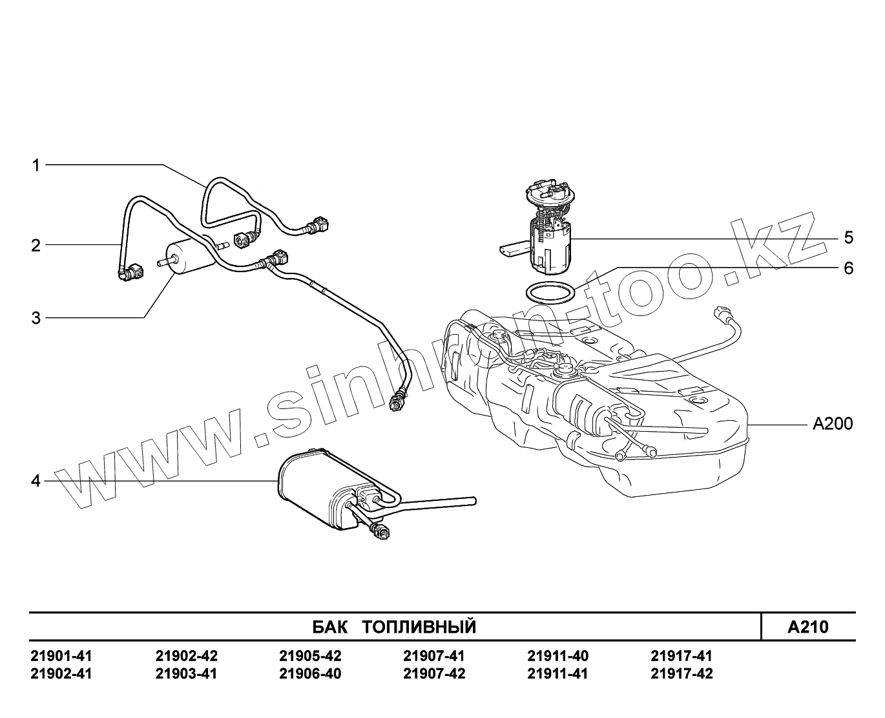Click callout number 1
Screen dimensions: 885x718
click(x=36, y=165)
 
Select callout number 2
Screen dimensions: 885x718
click(x=36, y=245)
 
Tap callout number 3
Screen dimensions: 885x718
click(x=36, y=318)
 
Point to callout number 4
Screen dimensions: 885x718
click(x=36, y=481)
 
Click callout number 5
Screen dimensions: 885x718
click(x=848, y=238)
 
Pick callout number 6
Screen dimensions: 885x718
click(x=848, y=268)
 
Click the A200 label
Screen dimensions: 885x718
click(x=832, y=424)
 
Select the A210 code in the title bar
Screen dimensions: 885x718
click(x=807, y=627)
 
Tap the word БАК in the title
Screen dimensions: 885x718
click(x=329, y=627)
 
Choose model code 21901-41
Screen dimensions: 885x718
click(x=61, y=656)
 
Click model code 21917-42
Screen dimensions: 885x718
click(x=682, y=674)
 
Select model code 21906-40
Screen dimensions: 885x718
click(x=310, y=674)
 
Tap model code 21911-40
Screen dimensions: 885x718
click(x=557, y=656)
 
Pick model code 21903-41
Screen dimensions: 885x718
click(x=186, y=674)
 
